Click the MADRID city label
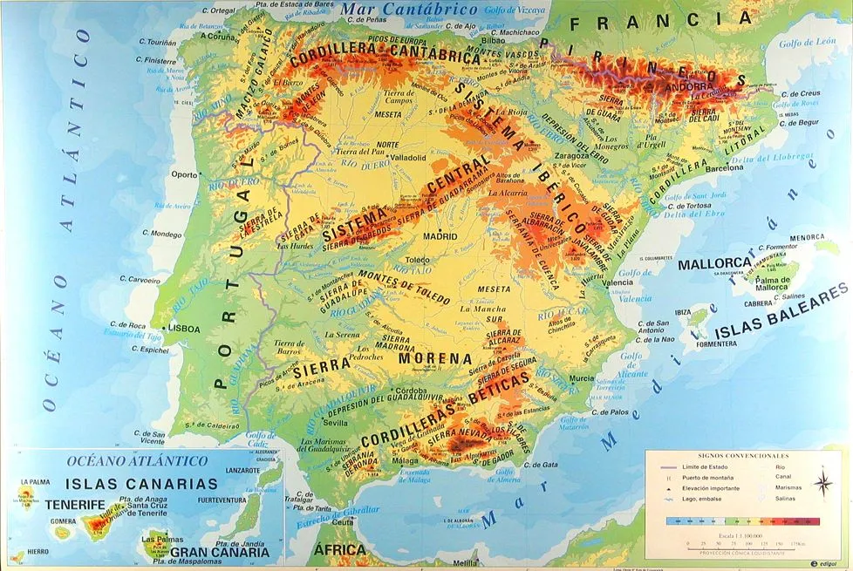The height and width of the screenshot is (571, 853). coord(440,236)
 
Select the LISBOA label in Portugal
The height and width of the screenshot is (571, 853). coord(184,329)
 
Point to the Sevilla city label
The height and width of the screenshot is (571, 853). coord(336,423)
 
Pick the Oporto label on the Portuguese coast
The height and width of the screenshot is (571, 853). coord(184,174)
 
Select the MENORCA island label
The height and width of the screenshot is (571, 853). coord(807,237)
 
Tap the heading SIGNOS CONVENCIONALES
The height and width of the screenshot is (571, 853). coord(744,456)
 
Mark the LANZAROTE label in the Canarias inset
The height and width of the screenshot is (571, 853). coord(242,470)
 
